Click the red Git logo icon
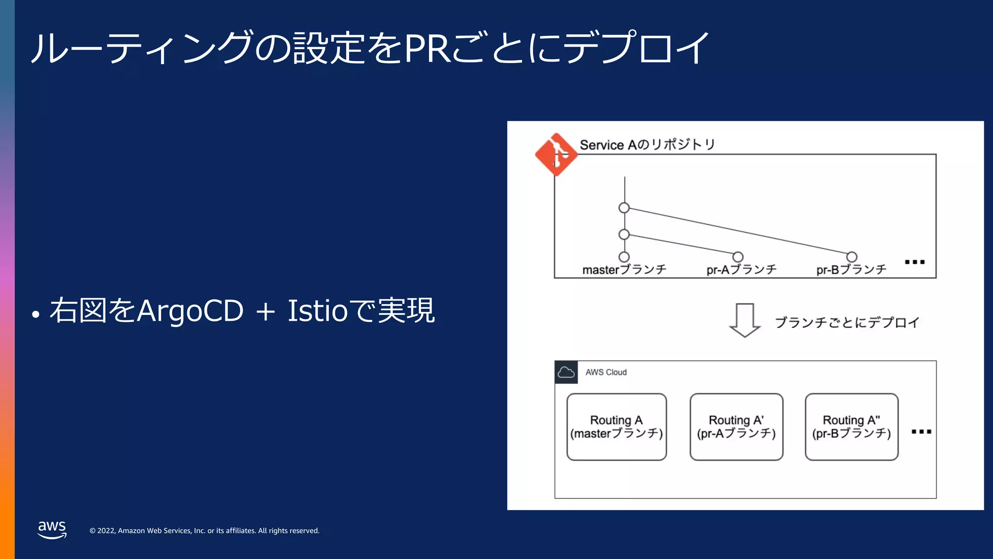pyautogui.click(x=556, y=154)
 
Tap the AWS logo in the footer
pyautogui.click(x=52, y=529)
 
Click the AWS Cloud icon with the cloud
pyautogui.click(x=566, y=372)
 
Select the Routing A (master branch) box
pyautogui.click(x=616, y=427)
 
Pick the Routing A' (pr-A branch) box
pyautogui.click(x=736, y=427)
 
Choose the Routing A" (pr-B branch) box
pyautogui.click(x=851, y=427)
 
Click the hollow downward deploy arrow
pyautogui.click(x=745, y=320)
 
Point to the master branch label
pyautogui.click(x=624, y=270)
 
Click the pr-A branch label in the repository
pyautogui.click(x=741, y=270)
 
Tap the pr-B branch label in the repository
pyautogui.click(x=851, y=270)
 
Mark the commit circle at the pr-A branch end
pyautogui.click(x=738, y=257)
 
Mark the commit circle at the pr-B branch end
pyautogui.click(x=852, y=257)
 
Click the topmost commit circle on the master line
pyautogui.click(x=624, y=208)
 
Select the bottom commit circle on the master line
pyautogui.click(x=624, y=257)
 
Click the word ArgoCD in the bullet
pyautogui.click(x=190, y=311)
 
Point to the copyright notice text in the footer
pyautogui.click(x=204, y=531)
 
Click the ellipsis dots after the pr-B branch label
pyautogui.click(x=915, y=262)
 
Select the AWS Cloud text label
pyautogui.click(x=606, y=372)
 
